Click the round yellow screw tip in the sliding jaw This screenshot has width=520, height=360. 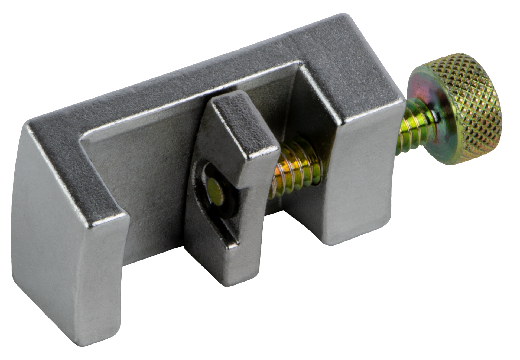pyautogui.click(x=215, y=189)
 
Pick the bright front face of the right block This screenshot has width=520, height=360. pyautogui.click(x=360, y=179)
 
